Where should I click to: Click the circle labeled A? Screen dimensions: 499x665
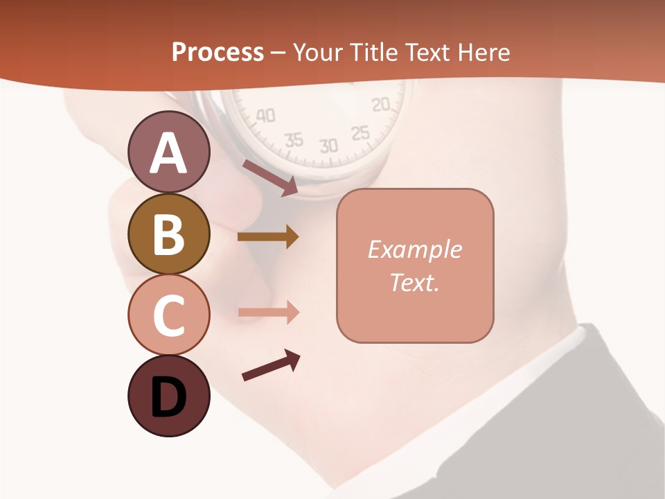tap(169, 152)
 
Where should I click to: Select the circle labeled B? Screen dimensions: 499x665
tap(169, 234)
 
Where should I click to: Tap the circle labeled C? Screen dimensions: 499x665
tap(169, 315)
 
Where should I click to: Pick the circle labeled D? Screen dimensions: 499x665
tap(169, 396)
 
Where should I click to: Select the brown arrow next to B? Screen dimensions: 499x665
tap(267, 237)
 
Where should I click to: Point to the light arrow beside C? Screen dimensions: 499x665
tap(268, 313)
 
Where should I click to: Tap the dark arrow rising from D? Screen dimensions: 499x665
tap(271, 365)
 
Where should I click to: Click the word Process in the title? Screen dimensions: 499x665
tap(218, 52)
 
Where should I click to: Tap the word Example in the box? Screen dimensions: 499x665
tap(414, 249)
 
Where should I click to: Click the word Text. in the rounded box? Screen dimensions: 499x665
tap(414, 282)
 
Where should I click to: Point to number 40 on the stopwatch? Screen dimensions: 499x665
tap(265, 115)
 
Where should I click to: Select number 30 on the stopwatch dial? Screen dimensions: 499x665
tap(328, 146)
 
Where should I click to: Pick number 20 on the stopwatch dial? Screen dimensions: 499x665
tap(381, 105)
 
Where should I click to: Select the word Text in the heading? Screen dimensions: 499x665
tap(427, 52)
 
